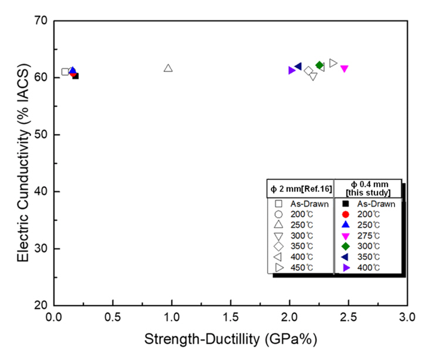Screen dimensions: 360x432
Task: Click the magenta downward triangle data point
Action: pyautogui.click(x=345, y=69)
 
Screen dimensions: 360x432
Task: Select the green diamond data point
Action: pyautogui.click(x=320, y=65)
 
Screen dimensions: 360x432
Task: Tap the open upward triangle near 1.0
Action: pyautogui.click(x=168, y=68)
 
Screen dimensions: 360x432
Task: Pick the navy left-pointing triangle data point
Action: pyautogui.click(x=298, y=66)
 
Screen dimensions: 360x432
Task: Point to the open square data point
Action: pyautogui.click(x=65, y=72)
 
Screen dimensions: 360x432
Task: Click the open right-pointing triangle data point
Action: pyautogui.click(x=333, y=63)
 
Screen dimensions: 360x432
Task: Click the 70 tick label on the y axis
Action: pyautogui.click(x=42, y=21)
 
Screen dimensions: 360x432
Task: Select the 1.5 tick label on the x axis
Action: pyautogui.click(x=231, y=318)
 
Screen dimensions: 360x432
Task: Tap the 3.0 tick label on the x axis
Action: pyautogui.click(x=407, y=318)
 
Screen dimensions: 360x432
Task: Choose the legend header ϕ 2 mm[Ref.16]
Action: pyautogui.click(x=300, y=189)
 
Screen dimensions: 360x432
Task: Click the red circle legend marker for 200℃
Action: pyautogui.click(x=346, y=214)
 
